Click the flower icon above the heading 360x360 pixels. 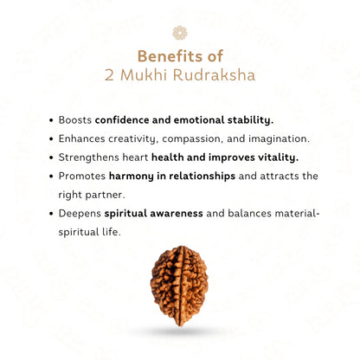coord(180,32)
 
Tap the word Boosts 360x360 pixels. coord(74,119)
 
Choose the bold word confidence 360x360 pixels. coord(125,119)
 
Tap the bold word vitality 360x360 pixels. coord(274,157)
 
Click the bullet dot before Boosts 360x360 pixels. coord(51,119)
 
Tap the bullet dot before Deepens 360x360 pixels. coord(51,214)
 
